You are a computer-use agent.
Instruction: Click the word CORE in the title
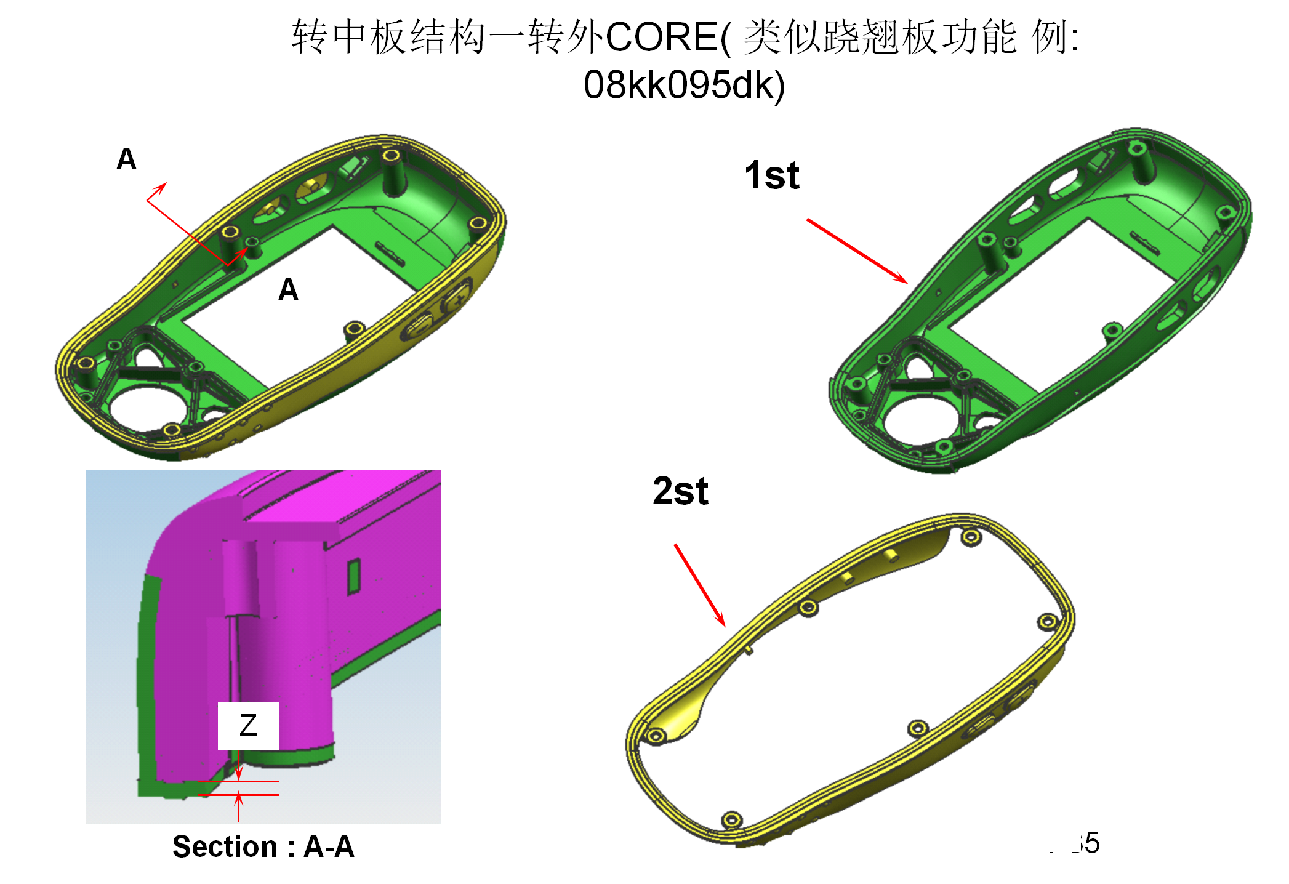[x=662, y=37]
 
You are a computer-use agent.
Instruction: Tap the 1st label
[x=772, y=175]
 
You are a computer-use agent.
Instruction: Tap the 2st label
[x=680, y=491]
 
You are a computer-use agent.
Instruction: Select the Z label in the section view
[x=248, y=725]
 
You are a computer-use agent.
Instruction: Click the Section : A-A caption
[x=263, y=846]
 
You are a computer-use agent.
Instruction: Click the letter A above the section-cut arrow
[x=126, y=159]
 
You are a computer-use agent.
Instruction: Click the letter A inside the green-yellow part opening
[x=288, y=289]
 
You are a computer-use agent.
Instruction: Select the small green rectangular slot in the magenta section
[x=353, y=576]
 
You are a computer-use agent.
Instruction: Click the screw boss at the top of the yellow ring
[x=971, y=537]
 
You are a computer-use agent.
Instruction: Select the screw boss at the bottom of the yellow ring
[x=731, y=819]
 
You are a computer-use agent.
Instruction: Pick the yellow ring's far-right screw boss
[x=1047, y=622]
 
